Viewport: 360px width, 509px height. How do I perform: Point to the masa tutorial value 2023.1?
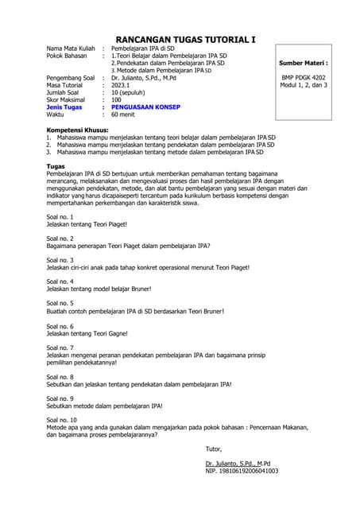[x=123, y=85]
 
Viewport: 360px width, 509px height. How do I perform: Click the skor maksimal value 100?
[x=117, y=99]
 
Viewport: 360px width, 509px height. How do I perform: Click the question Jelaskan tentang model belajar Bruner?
[x=99, y=289]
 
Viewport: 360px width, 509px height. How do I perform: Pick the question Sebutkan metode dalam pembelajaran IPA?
[x=105, y=406]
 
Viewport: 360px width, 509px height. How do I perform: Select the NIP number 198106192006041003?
[x=242, y=471]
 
